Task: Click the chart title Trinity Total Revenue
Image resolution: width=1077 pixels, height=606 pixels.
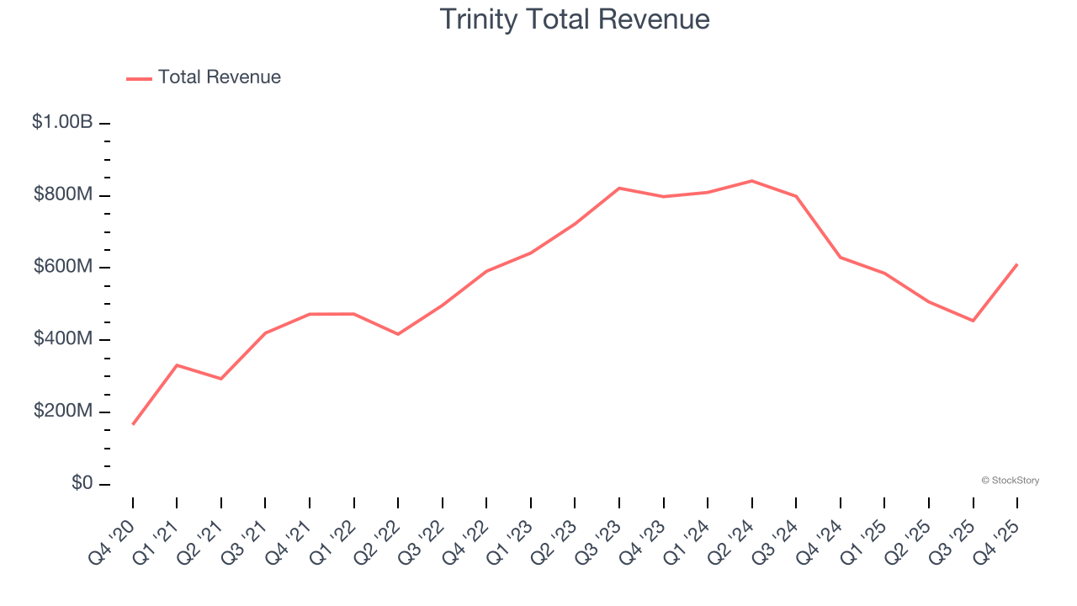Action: (x=575, y=19)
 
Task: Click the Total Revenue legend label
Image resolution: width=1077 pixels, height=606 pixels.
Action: (x=219, y=77)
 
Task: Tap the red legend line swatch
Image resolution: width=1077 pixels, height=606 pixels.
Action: (x=139, y=78)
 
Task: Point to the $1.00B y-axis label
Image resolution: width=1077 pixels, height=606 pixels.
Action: (x=62, y=122)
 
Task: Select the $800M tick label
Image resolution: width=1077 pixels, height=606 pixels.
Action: (x=63, y=194)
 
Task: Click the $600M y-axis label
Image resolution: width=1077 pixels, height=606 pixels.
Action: (x=63, y=267)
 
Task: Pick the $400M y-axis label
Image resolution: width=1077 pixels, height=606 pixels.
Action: (x=63, y=339)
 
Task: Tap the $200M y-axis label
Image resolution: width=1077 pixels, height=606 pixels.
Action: (x=63, y=412)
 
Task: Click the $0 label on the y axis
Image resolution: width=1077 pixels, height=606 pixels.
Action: (x=82, y=484)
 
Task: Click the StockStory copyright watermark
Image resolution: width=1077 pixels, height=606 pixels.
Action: (x=1010, y=481)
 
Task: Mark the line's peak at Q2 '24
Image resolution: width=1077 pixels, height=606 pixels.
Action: (x=751, y=181)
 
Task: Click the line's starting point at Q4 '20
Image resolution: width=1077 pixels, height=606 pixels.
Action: (x=133, y=424)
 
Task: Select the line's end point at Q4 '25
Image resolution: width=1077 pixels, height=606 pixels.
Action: (x=1017, y=264)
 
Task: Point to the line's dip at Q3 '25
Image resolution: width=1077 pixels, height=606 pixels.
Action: (x=973, y=321)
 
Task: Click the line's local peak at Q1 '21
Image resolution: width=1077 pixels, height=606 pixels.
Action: (x=177, y=364)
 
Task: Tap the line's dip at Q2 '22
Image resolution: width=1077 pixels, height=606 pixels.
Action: (x=398, y=334)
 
